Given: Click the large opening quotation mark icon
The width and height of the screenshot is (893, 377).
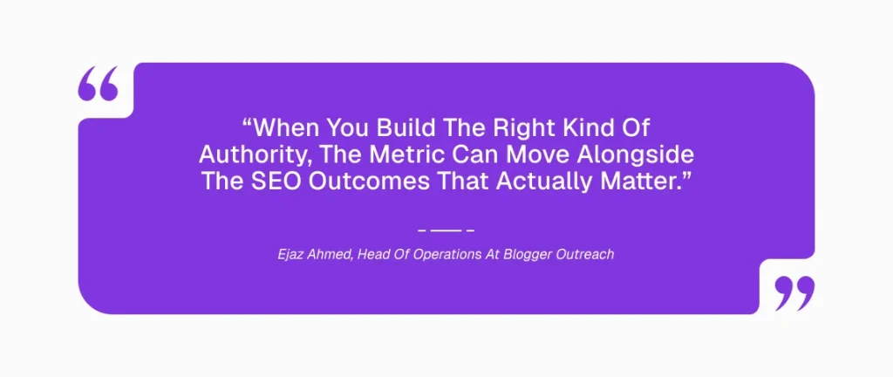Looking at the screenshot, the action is coord(98,84).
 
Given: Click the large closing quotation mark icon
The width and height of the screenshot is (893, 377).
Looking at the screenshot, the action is coord(794,294).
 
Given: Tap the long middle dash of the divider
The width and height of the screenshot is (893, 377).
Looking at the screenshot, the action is coord(446,230).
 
